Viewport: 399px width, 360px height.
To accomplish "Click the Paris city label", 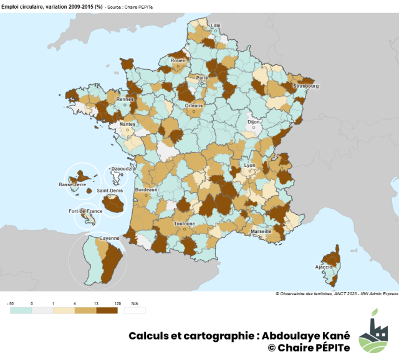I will [201, 78].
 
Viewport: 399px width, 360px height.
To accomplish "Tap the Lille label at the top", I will [216, 26].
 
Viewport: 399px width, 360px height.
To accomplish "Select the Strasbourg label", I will [306, 86].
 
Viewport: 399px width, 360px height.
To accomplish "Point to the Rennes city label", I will [125, 99].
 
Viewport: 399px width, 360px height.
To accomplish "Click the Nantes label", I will [128, 125].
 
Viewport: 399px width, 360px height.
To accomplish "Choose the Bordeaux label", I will [146, 189].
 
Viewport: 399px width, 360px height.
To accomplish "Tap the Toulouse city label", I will [185, 224].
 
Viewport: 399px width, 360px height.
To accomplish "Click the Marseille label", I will [261, 231].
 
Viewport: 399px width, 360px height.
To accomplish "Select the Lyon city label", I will [250, 166].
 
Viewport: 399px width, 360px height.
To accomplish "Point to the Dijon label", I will [253, 123].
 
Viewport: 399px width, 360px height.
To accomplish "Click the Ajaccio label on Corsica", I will [323, 267].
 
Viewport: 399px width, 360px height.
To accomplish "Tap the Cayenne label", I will [110, 238].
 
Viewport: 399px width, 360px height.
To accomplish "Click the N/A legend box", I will [135, 310].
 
